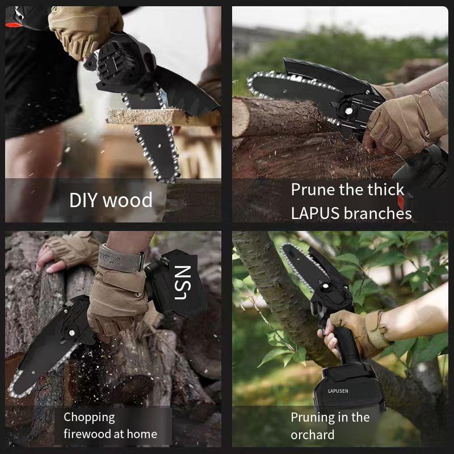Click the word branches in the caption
click(378, 213)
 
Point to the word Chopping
click(89, 418)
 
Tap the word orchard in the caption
click(313, 435)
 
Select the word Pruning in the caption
click(313, 418)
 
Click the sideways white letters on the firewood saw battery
click(185, 282)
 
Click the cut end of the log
click(240, 117)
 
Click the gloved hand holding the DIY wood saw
click(85, 28)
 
